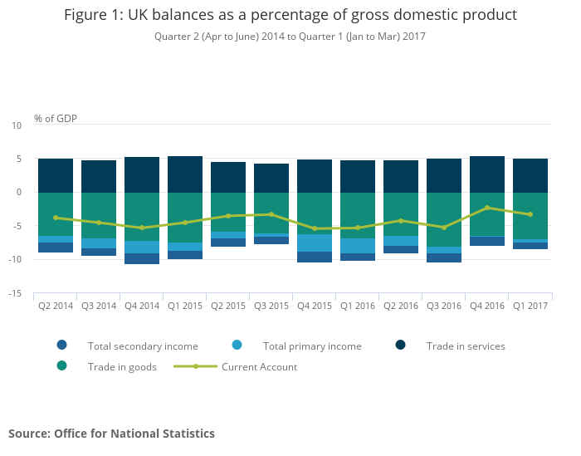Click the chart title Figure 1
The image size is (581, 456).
[x=290, y=15]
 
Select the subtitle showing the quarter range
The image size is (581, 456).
[x=290, y=37]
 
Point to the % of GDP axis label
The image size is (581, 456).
[x=56, y=119]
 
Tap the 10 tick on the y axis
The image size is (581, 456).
[x=17, y=125]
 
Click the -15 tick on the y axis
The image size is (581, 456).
[x=16, y=293]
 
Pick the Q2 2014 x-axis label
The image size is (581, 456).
[x=56, y=306]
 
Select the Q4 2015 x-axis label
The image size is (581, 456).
[x=315, y=306]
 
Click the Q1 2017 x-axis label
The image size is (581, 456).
[x=530, y=306]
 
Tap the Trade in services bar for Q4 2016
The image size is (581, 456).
[x=487, y=174]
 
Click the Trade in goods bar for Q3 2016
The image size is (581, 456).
[x=444, y=219]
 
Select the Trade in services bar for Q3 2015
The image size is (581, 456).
[x=271, y=178]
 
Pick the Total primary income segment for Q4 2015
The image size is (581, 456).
[x=315, y=243]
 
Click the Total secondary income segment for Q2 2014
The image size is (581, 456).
[x=56, y=247]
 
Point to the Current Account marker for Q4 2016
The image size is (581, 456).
[x=487, y=208]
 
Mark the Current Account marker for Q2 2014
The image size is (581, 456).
[x=56, y=218]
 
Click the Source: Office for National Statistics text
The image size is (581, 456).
[x=111, y=434]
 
